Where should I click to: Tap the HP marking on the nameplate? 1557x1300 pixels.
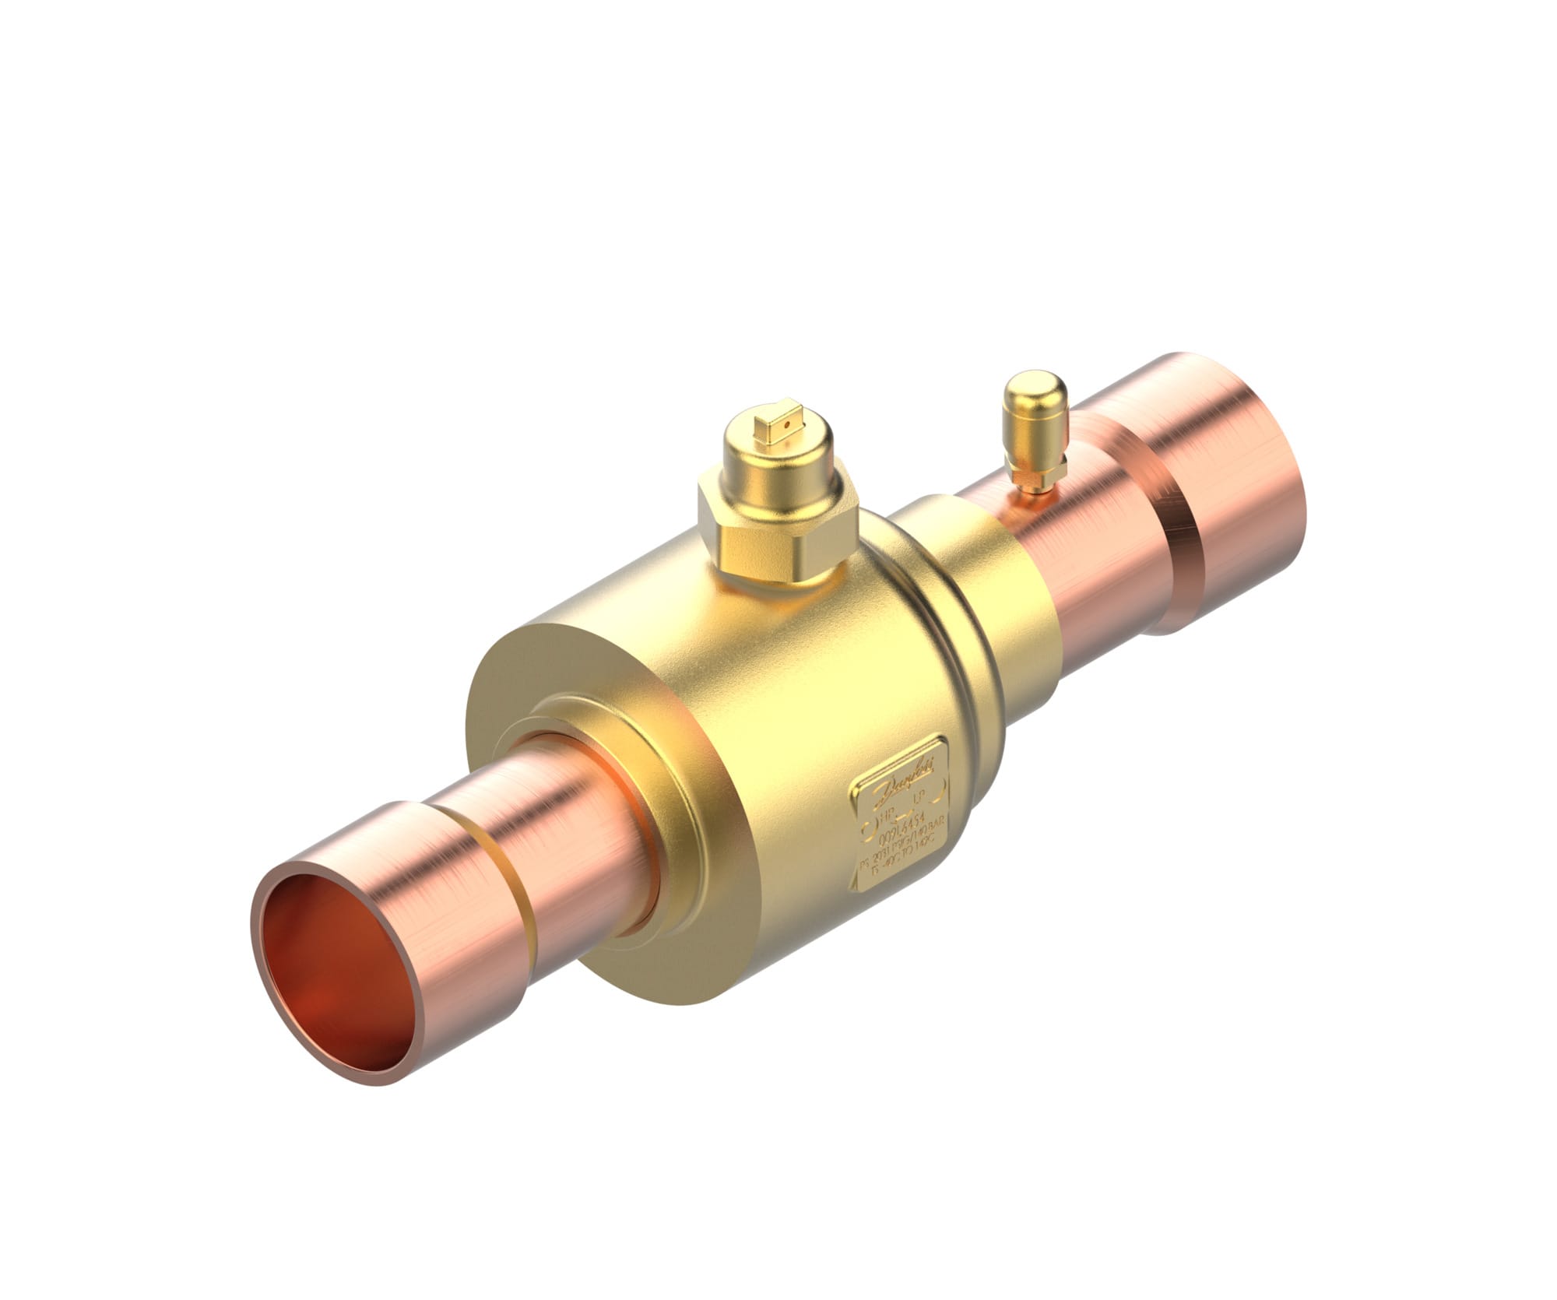(887, 813)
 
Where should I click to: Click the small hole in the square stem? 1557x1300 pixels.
(788, 426)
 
